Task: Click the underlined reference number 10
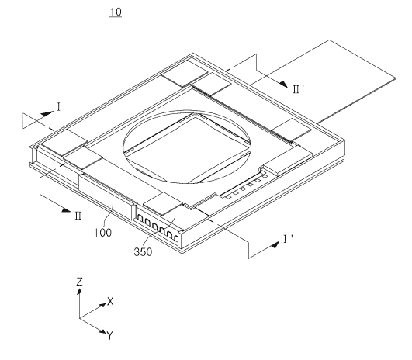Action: pyautogui.click(x=116, y=12)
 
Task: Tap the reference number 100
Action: pyautogui.click(x=102, y=233)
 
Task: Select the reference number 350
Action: pyautogui.click(x=143, y=251)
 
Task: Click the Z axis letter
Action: pyautogui.click(x=79, y=282)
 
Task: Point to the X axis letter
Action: pyautogui.click(x=110, y=301)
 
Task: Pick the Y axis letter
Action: pyautogui.click(x=110, y=336)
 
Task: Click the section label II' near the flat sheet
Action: pyautogui.click(x=298, y=89)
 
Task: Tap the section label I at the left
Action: pyautogui.click(x=59, y=107)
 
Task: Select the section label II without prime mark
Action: pyautogui.click(x=78, y=216)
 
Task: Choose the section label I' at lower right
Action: pyautogui.click(x=288, y=239)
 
